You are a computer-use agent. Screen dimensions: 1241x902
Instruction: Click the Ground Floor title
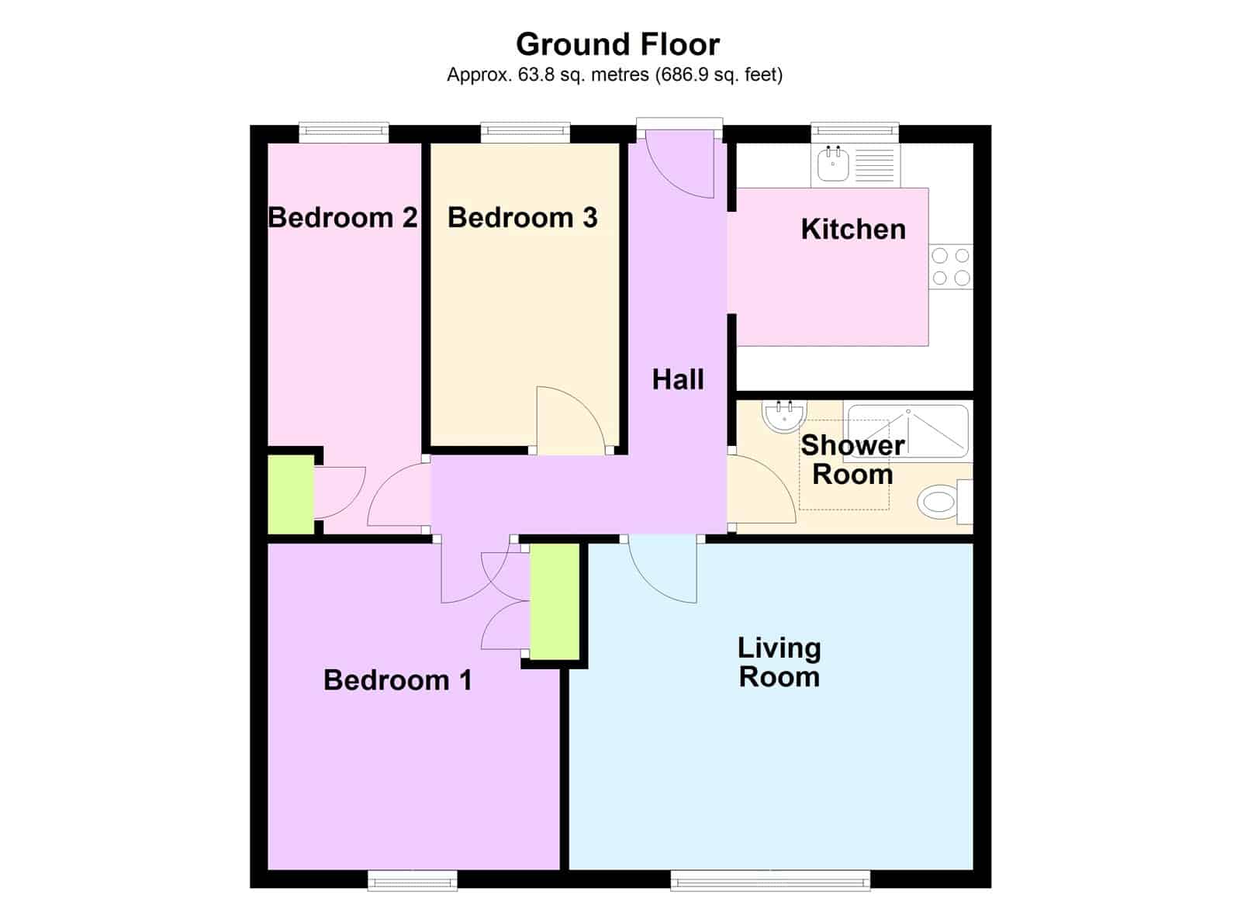tap(617, 45)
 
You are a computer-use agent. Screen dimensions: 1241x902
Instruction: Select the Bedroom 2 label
tap(342, 217)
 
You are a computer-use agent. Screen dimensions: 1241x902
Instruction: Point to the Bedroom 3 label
tap(523, 217)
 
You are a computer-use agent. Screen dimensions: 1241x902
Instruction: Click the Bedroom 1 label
tap(398, 680)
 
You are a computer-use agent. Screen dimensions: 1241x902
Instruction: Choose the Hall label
tap(678, 379)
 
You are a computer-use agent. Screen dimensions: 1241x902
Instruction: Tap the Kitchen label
tap(853, 230)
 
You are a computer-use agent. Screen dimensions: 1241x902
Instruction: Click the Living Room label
tap(779, 662)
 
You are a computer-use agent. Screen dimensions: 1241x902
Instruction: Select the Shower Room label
tap(852, 460)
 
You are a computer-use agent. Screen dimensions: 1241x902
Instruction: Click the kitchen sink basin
tap(833, 163)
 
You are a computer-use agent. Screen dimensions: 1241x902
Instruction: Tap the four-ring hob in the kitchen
tap(951, 267)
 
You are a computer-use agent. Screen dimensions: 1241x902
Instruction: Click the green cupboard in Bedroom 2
tap(291, 494)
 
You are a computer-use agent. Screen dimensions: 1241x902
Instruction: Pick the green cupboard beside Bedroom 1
tap(555, 602)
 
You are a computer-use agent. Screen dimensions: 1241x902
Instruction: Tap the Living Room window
tap(770, 880)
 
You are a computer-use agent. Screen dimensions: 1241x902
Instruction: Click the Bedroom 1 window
tap(412, 880)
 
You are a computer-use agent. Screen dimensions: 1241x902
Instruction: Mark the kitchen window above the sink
tap(855, 132)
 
